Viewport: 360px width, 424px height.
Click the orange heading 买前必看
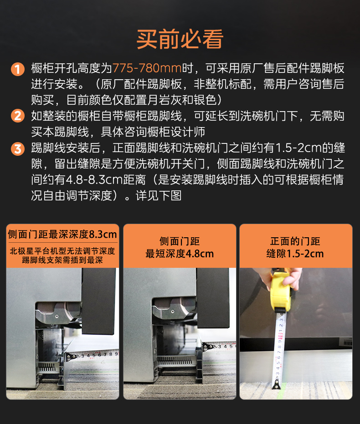[x=180, y=40]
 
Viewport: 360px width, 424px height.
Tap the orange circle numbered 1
[x=17, y=70]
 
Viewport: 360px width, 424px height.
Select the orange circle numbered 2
[x=17, y=116]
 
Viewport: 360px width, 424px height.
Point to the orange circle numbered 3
[x=17, y=148]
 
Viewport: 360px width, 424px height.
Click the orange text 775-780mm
[x=147, y=69]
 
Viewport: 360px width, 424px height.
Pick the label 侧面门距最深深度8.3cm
[x=62, y=235]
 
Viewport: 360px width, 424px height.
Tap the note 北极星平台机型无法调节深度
[x=62, y=251]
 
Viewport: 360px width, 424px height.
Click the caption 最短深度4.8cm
[x=180, y=254]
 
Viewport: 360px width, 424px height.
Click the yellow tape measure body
[x=280, y=291]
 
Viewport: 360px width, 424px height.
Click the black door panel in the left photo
[x=99, y=301]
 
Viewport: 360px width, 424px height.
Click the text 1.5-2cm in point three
[x=296, y=148]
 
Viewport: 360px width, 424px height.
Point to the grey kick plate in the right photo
[x=319, y=360]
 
